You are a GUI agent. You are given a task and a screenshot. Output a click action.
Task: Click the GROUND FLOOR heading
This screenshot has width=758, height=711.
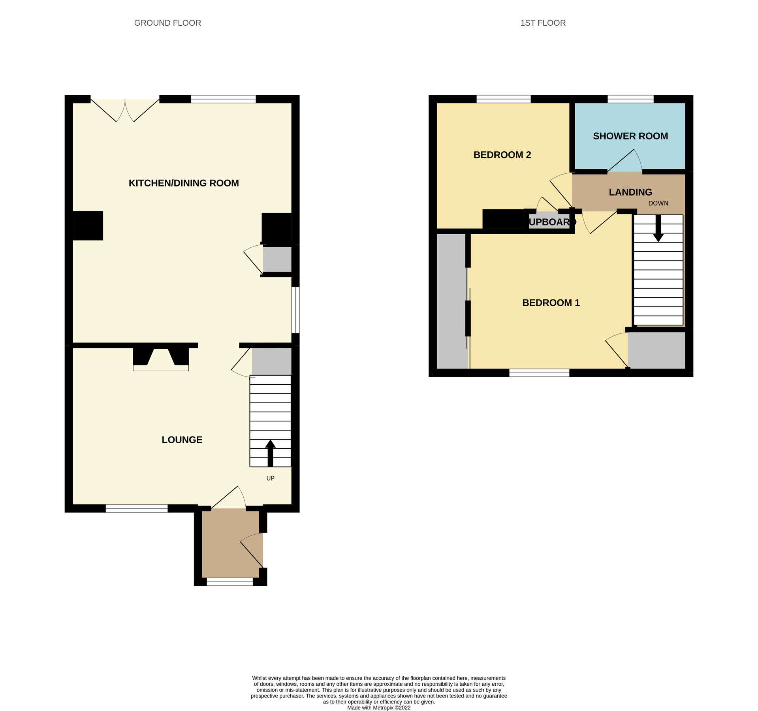(x=167, y=23)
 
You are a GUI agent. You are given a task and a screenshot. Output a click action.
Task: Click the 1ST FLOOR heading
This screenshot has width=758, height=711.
(x=543, y=23)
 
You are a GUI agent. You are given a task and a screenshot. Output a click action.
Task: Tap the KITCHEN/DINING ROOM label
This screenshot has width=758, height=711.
(x=184, y=183)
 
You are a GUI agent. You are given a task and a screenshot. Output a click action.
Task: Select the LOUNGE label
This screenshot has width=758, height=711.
(x=182, y=440)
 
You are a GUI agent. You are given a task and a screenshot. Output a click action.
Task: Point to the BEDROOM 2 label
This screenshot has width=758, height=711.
(x=502, y=155)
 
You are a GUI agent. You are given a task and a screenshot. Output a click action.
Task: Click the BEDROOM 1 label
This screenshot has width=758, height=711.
(x=551, y=303)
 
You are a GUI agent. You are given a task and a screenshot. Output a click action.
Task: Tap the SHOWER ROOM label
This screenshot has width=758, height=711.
(x=630, y=136)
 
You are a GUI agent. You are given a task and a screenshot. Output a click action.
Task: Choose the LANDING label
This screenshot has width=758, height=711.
(x=630, y=192)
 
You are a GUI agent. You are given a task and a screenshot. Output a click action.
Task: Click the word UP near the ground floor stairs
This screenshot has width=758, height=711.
(x=270, y=478)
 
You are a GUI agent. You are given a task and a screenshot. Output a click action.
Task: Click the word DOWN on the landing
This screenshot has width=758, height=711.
(x=658, y=203)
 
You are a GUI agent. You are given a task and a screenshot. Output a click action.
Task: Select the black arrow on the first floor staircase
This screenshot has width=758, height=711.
(x=658, y=228)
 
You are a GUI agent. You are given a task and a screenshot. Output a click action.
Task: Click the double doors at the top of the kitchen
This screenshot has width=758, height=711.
(x=125, y=110)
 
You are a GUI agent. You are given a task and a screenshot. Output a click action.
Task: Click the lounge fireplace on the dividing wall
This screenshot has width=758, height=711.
(x=161, y=359)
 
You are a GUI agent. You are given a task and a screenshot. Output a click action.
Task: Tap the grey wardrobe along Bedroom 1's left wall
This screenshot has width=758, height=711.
(x=451, y=301)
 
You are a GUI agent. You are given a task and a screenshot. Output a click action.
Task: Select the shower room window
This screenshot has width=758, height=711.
(x=630, y=99)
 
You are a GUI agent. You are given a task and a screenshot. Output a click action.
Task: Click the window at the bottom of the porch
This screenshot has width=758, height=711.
(x=229, y=581)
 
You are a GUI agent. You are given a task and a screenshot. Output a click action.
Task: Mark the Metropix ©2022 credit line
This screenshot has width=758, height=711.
(x=378, y=707)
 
